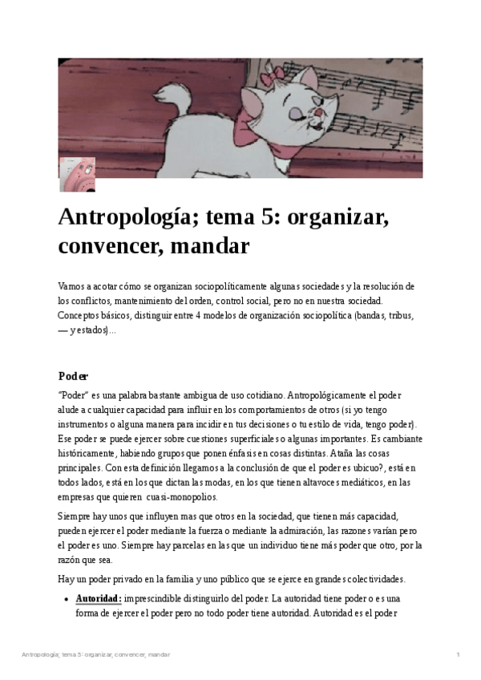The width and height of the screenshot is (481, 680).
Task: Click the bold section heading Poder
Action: (74, 376)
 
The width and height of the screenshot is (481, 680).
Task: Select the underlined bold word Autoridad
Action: (98, 598)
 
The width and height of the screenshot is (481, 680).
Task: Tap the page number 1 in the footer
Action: (457, 655)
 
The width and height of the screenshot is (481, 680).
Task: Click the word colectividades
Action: (370, 579)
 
